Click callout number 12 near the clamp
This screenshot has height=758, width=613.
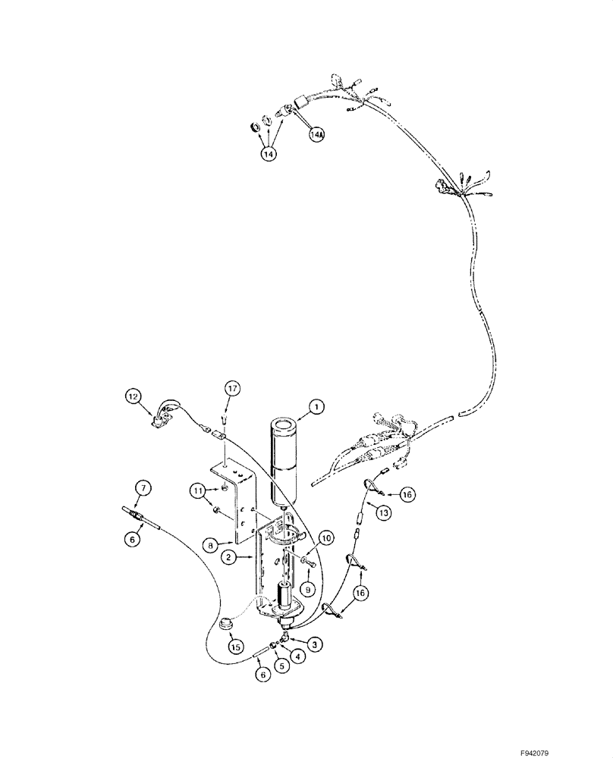pyautogui.click(x=134, y=395)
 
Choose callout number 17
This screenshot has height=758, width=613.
pyautogui.click(x=232, y=388)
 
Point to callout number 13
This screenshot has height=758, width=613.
pyautogui.click(x=383, y=513)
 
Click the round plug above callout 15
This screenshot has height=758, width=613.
pyautogui.click(x=225, y=626)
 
